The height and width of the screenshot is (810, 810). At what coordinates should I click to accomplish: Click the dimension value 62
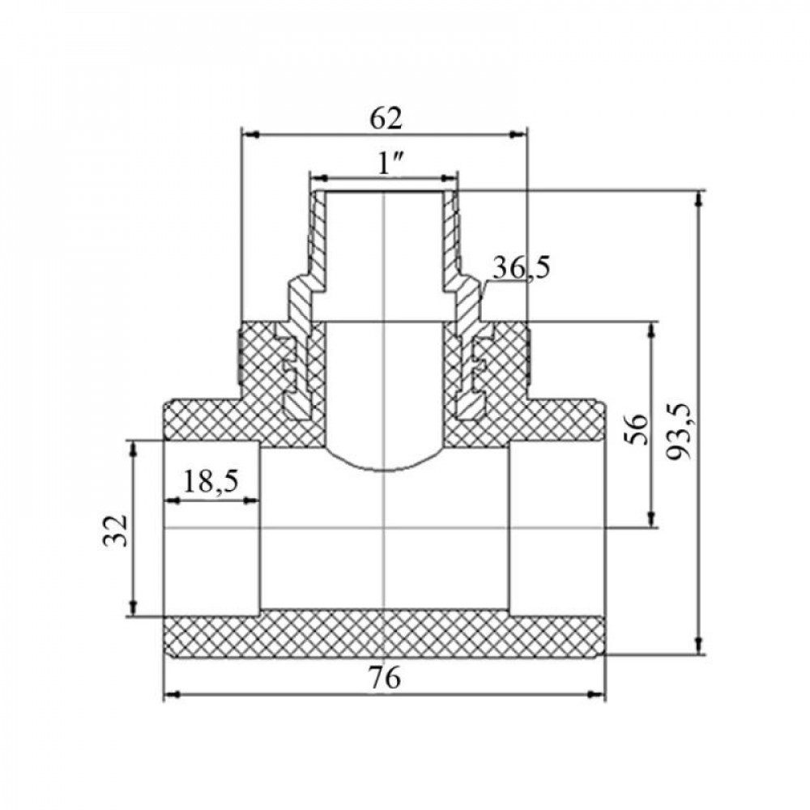point(386,119)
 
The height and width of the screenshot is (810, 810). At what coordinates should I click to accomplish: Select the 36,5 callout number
point(521,268)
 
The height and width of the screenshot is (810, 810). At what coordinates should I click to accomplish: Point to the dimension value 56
point(638,428)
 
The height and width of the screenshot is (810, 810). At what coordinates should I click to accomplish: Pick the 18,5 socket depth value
point(211,482)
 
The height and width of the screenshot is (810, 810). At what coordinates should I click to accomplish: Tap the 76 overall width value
point(385,677)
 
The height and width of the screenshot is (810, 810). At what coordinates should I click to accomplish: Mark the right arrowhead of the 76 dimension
point(597,695)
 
